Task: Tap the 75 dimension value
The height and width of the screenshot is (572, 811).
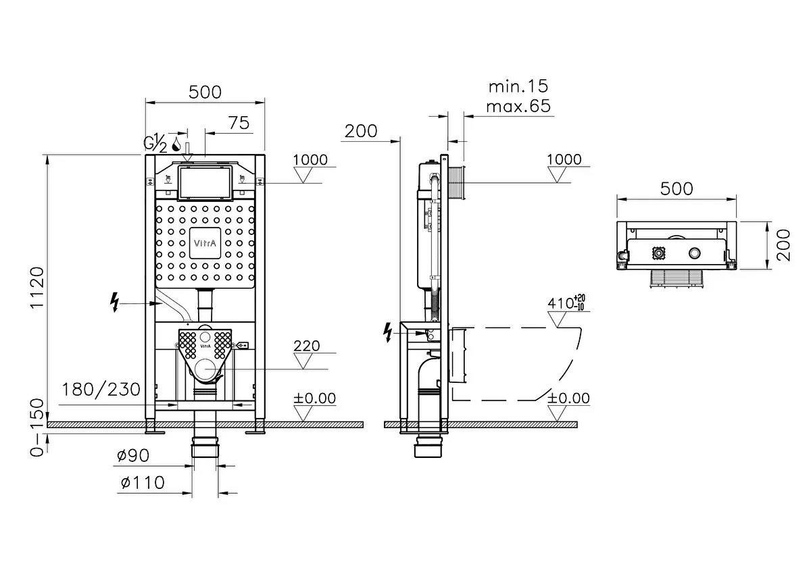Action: pos(238,123)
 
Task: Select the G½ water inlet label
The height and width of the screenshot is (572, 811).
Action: pos(155,142)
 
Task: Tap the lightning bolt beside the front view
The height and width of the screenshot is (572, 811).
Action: pos(115,303)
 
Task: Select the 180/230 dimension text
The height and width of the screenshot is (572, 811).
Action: pos(101,390)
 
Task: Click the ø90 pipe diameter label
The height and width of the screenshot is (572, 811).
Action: pos(132,456)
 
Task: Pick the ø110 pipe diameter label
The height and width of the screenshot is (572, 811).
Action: pos(142,483)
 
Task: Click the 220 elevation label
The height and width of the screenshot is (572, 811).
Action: pos(307,346)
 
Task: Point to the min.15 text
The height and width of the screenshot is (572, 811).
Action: pos(518,86)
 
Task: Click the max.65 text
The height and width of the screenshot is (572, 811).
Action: pos(518,106)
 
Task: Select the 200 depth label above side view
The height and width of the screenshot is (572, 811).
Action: pos(361,131)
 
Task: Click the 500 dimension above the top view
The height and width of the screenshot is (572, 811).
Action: pos(677,188)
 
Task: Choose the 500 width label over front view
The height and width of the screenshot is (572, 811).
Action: pos(205,93)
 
